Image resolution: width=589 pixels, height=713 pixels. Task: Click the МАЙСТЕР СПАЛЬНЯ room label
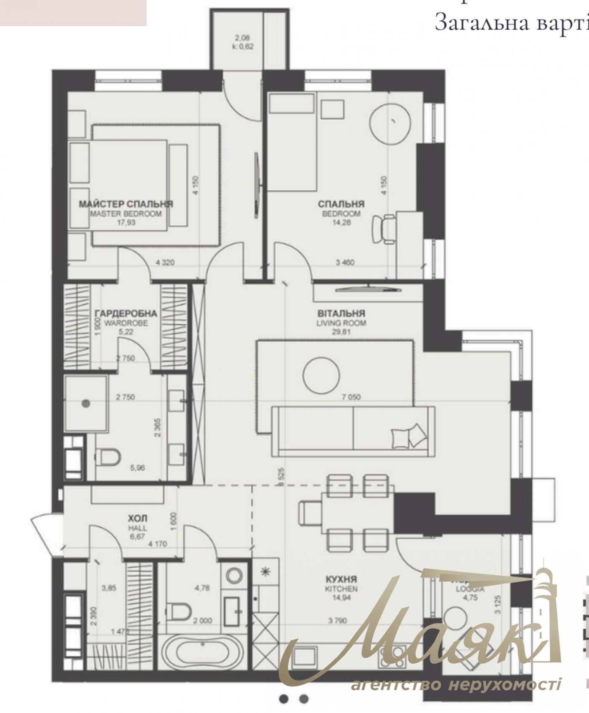(x=126, y=204)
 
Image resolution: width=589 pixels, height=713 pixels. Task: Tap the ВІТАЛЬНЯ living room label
(x=341, y=313)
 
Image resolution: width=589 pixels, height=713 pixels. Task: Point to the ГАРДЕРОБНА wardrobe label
(x=126, y=313)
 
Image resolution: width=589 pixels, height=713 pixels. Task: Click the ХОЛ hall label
(x=138, y=518)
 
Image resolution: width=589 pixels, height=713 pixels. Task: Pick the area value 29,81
(x=341, y=331)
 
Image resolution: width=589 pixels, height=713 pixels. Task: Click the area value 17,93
(x=126, y=222)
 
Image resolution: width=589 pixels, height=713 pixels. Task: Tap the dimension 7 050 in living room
(x=351, y=397)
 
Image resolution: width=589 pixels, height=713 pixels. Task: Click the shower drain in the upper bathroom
(x=86, y=403)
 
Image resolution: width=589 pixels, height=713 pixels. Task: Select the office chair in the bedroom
(x=384, y=229)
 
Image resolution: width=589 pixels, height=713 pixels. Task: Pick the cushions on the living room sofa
(x=407, y=436)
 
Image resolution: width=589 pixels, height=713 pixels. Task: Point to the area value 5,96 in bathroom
(x=138, y=467)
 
